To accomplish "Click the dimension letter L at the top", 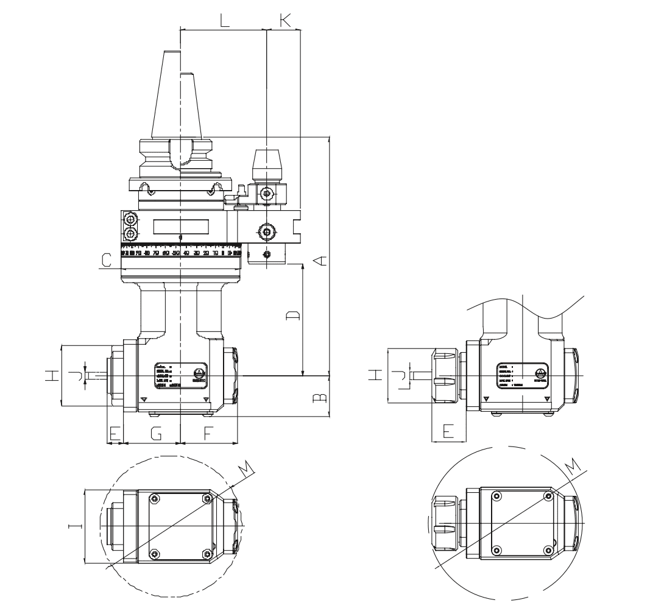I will tap(225, 20).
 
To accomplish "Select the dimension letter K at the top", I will tap(284, 19).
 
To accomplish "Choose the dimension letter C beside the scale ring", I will tap(106, 261).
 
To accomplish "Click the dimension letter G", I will tap(156, 433).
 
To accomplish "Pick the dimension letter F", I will tap(208, 433).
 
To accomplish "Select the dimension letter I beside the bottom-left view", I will tap(72, 527).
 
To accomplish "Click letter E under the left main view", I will tap(113, 433).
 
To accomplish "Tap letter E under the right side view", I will tap(448, 431).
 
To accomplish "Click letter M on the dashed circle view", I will tap(244, 468).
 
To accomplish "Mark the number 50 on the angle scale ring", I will tap(176, 252).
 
